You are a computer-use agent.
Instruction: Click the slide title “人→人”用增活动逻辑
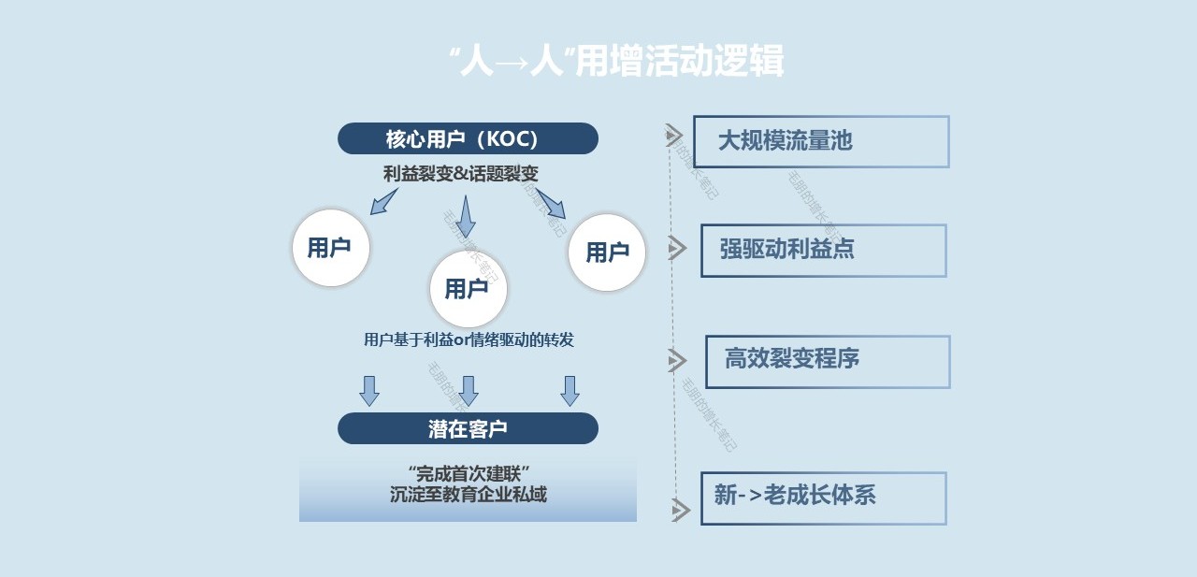point(616,61)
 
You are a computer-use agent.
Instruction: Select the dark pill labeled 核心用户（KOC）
point(468,138)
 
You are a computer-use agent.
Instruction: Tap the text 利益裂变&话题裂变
point(461,174)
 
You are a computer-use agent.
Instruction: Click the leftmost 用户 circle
point(330,248)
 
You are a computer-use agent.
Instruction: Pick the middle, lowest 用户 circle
point(468,289)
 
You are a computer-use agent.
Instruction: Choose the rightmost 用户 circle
point(607,252)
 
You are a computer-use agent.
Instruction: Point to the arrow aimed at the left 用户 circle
point(383,201)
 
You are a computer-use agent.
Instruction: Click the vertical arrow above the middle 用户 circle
point(466,215)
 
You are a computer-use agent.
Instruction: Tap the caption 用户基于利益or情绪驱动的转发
point(469,339)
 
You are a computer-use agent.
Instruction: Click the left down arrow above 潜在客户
point(369,390)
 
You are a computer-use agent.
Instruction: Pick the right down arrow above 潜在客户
point(570,390)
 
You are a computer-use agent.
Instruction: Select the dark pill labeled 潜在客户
point(468,428)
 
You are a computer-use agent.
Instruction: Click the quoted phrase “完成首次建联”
point(469,473)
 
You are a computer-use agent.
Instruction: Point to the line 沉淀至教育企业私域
point(469,495)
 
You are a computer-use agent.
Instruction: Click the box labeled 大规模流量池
point(821,141)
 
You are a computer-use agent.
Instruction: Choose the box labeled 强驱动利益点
point(823,250)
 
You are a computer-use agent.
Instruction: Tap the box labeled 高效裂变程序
point(827,361)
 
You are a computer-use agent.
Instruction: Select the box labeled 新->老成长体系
point(823,498)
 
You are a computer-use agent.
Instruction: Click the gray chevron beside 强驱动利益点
point(678,248)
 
